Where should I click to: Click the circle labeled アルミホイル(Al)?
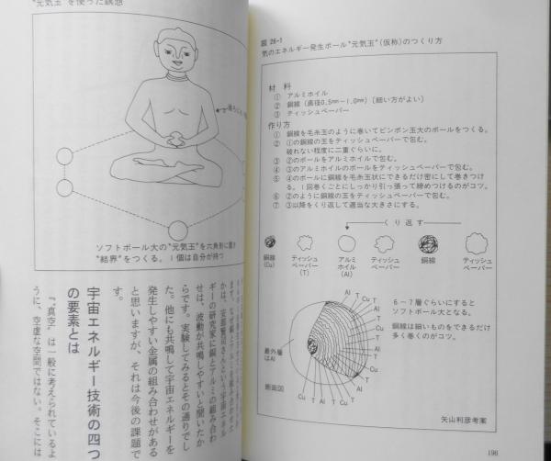point(348,243)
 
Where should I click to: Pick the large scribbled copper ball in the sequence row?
point(430,243)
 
